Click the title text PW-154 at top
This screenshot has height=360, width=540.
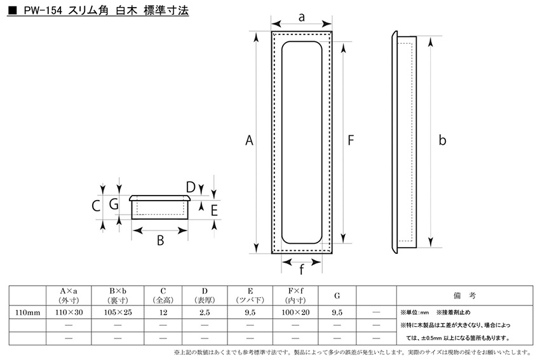coord(43,11)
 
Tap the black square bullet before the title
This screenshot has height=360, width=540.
coord(12,11)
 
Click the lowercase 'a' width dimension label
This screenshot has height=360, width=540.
coord(302,17)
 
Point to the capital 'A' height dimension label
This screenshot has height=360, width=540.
coord(249,140)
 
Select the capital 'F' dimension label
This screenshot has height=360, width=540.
coord(351,140)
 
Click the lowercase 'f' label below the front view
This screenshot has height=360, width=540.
coord(301,269)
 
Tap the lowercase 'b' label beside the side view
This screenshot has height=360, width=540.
coord(443,140)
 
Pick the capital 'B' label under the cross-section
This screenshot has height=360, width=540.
coord(160,240)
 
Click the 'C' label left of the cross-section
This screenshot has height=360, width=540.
coord(96,206)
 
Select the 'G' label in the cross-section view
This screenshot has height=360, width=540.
coord(114,204)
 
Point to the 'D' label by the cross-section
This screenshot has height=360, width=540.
coord(191,187)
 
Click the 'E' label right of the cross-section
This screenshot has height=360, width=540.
coord(214,210)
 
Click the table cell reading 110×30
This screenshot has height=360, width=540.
coord(69,312)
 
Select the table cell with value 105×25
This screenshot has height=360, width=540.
coord(118,312)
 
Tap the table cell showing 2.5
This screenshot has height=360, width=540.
coord(205,312)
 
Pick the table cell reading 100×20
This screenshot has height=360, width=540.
coord(295,312)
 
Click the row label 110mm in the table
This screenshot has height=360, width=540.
coord(27,313)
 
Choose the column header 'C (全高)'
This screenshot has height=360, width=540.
coord(163,296)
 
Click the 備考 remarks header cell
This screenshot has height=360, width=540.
coord(464,296)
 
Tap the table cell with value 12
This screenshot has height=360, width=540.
coord(163,312)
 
